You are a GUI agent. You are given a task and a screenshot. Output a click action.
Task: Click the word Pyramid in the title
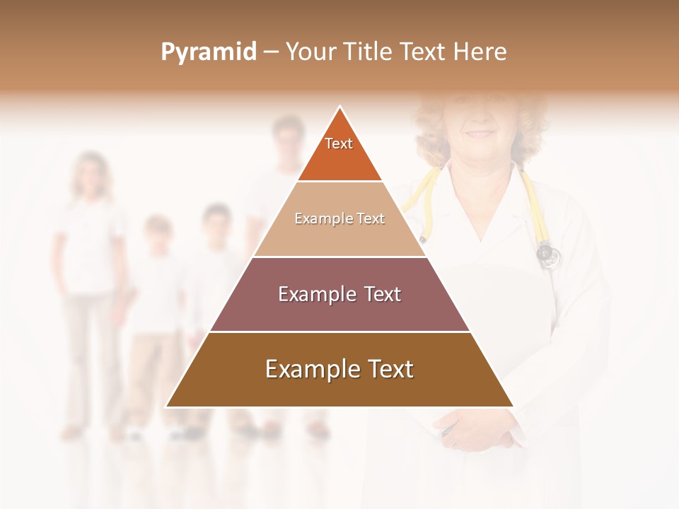(x=209, y=52)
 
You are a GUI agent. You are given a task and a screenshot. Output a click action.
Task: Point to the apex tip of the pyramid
(x=339, y=108)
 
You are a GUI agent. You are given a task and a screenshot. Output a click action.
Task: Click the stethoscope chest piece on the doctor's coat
(x=546, y=253)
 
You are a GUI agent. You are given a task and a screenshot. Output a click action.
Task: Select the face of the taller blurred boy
(x=217, y=223)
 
